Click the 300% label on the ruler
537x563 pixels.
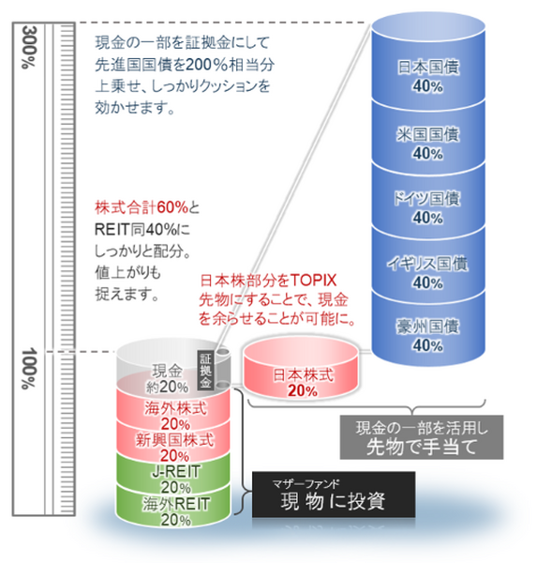pyautogui.click(x=29, y=47)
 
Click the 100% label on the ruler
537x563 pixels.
pyautogui.click(x=29, y=369)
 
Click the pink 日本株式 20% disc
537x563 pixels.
pyautogui.click(x=301, y=370)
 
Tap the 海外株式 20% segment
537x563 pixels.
pyautogui.click(x=175, y=409)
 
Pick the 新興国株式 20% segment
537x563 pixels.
pyautogui.click(x=174, y=441)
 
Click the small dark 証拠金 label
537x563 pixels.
pyautogui.click(x=205, y=371)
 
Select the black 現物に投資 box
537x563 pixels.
pyautogui.click(x=334, y=495)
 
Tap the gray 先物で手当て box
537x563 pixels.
pyautogui.click(x=422, y=437)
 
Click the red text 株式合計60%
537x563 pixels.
pyautogui.click(x=142, y=207)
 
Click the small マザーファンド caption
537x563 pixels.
pyautogui.click(x=306, y=483)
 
